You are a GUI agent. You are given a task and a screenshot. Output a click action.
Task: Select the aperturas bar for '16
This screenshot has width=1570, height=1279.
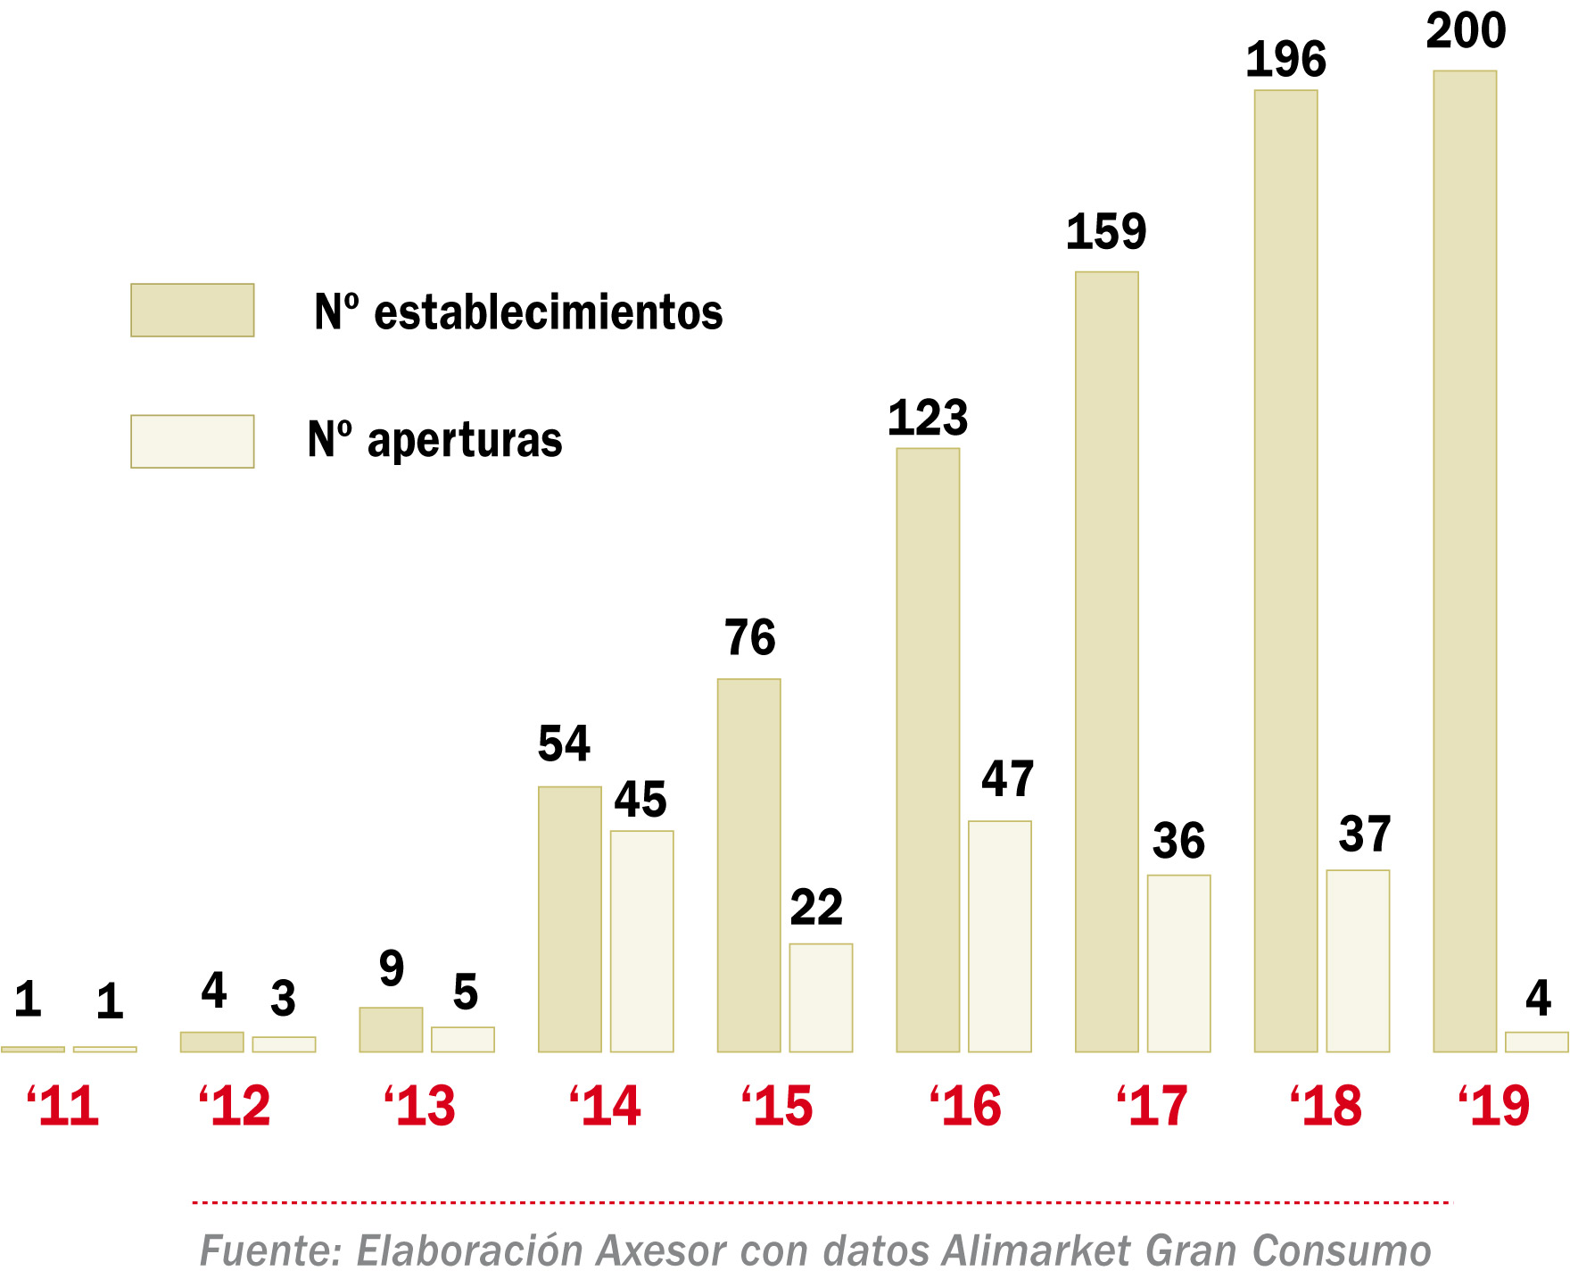[x=1000, y=936]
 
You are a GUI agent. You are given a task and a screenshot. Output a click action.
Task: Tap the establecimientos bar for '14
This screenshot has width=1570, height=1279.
[x=570, y=918]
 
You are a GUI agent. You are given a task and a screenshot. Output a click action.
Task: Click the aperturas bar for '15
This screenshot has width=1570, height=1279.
[x=821, y=997]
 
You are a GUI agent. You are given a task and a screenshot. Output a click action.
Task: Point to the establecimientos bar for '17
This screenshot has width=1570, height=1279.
[x=1107, y=661]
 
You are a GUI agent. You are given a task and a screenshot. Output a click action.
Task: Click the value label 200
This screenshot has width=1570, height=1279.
[x=1466, y=31]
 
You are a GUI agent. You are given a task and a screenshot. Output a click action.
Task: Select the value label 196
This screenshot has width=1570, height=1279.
[x=1285, y=61]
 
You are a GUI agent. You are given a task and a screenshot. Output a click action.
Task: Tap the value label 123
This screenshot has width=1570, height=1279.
[x=928, y=418]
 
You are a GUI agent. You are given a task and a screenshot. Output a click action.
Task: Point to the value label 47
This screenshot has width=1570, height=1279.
[x=1007, y=779]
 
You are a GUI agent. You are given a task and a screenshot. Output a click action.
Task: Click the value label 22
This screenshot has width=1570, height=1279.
[x=816, y=909]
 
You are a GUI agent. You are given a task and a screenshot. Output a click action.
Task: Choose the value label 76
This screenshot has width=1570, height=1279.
[x=749, y=638]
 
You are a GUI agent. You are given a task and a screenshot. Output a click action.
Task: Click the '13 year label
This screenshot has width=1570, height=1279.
[x=419, y=1107]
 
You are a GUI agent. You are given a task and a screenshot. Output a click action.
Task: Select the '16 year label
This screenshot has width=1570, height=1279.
[x=965, y=1107]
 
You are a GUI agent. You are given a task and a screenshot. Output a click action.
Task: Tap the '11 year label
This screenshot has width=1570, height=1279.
[x=62, y=1107]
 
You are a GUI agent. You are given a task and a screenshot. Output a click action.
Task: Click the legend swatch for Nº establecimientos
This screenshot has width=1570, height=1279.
[x=193, y=310]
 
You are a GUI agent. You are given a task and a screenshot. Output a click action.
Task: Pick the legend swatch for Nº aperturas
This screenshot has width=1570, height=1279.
[x=193, y=441]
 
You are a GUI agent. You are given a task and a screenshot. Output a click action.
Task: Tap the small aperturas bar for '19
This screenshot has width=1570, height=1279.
[x=1536, y=1042]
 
